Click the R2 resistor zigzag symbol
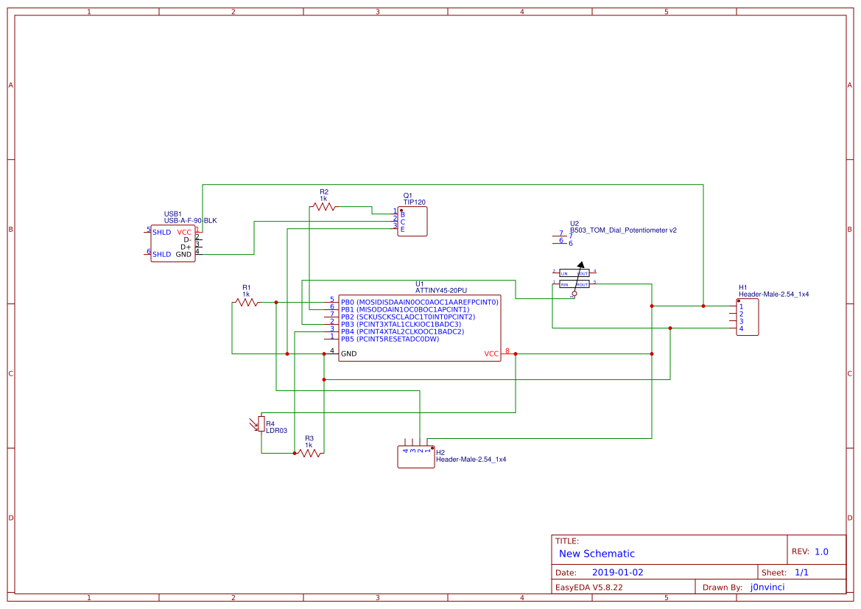pyautogui.click(x=323, y=207)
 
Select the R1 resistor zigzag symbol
pyautogui.click(x=246, y=302)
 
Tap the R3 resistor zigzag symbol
pyautogui.click(x=309, y=453)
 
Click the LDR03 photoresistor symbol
pyautogui.click(x=260, y=424)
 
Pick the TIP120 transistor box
pyautogui.click(x=412, y=221)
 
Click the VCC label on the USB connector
pyautogui.click(x=184, y=232)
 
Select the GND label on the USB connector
pyautogui.click(x=183, y=254)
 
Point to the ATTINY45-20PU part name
pyautogui.click(x=440, y=291)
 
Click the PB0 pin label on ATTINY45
pyautogui.click(x=348, y=302)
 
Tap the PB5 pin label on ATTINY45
pyautogui.click(x=348, y=339)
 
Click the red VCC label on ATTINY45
pyautogui.click(x=491, y=354)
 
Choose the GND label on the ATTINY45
pyautogui.click(x=349, y=353)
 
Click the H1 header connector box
pyautogui.click(x=747, y=317)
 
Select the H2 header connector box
pyautogui.click(x=415, y=457)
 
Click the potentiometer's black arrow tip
pyautogui.click(x=581, y=264)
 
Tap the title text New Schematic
pyautogui.click(x=597, y=554)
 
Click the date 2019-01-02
pyautogui.click(x=617, y=572)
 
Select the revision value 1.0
pyautogui.click(x=821, y=552)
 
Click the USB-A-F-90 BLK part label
pyautogui.click(x=190, y=221)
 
